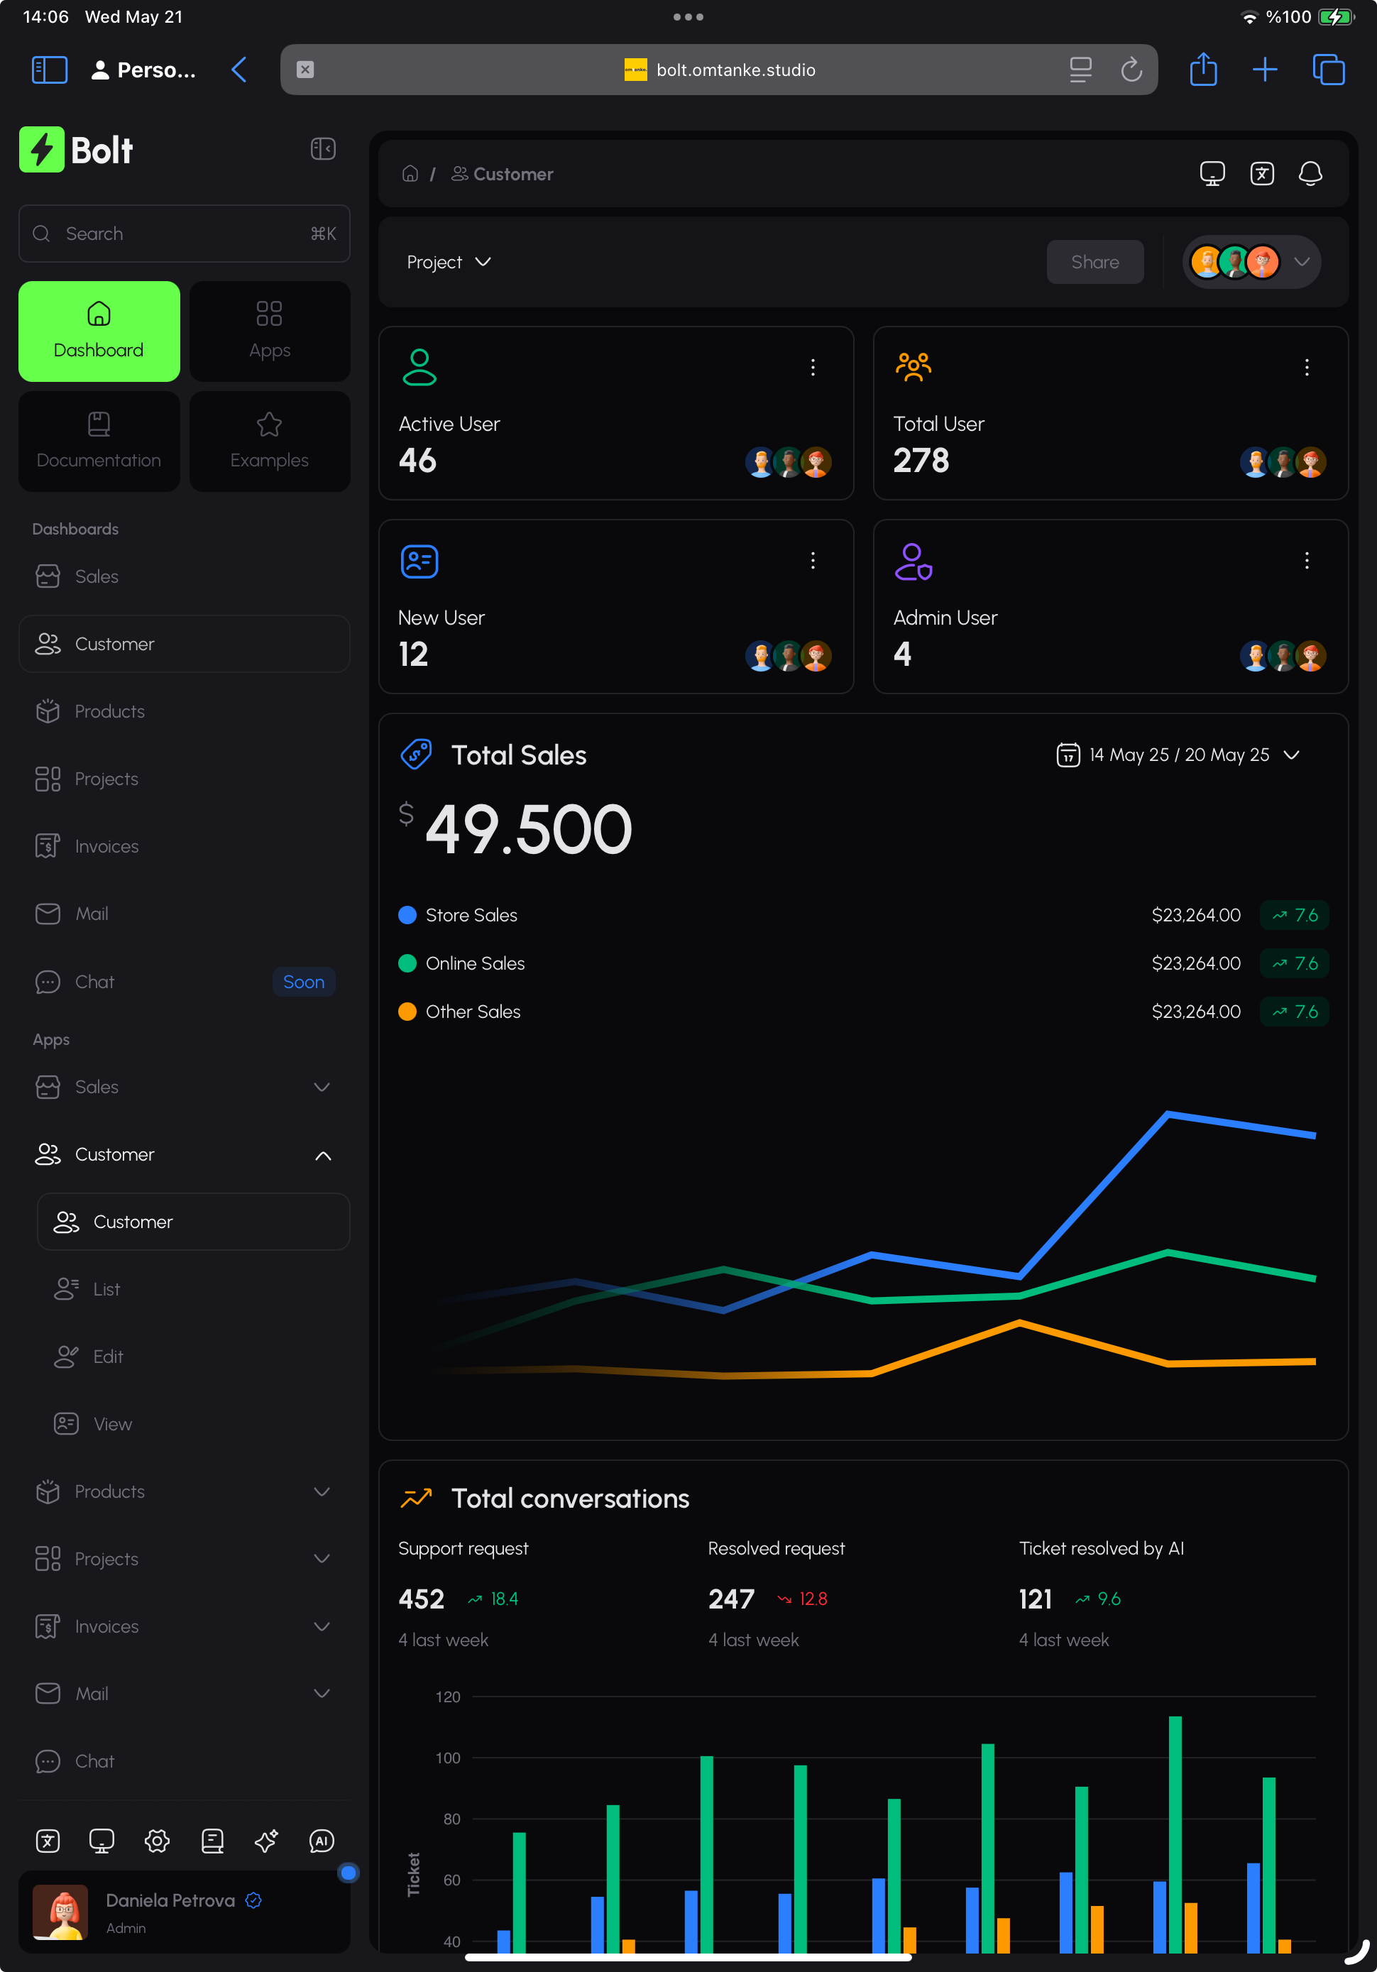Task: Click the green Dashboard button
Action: click(99, 331)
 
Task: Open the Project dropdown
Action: click(449, 262)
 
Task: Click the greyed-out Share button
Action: click(1095, 262)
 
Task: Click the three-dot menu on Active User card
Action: click(813, 368)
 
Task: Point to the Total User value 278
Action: click(921, 461)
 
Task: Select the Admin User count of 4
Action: click(902, 654)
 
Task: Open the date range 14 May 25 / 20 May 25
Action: click(1178, 755)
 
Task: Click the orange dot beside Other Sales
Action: click(407, 1012)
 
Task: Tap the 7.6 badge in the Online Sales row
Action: click(1295, 964)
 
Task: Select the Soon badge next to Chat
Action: click(303, 982)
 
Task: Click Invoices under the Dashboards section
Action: click(106, 847)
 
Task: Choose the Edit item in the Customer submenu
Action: click(108, 1357)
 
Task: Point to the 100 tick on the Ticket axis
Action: click(448, 1758)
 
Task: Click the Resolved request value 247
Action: click(731, 1599)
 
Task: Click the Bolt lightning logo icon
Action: click(41, 150)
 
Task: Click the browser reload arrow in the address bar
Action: click(1131, 70)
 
